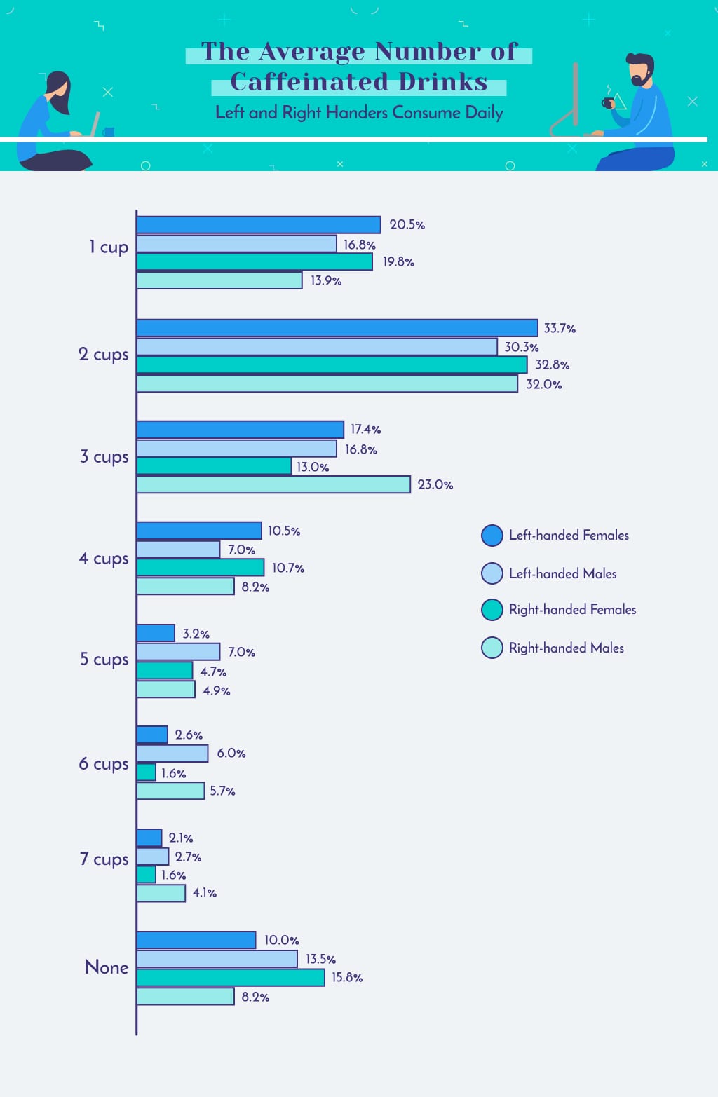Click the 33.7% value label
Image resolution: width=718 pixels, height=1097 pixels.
tap(560, 328)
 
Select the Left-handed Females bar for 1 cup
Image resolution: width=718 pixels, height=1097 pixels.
tap(258, 225)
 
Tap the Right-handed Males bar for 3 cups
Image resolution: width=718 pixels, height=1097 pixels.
tap(273, 484)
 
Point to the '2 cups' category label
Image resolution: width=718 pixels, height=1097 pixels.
tap(104, 355)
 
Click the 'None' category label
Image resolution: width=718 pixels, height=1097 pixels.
tap(107, 967)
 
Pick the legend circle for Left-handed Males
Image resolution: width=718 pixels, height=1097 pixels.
tap(492, 573)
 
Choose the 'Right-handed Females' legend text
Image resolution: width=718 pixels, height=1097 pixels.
tap(572, 610)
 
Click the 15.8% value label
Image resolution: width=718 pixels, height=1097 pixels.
tap(347, 977)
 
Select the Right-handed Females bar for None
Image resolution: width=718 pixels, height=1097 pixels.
tap(230, 978)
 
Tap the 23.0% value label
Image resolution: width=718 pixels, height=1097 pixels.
tap(435, 484)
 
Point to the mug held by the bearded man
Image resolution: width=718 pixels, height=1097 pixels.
tap(607, 103)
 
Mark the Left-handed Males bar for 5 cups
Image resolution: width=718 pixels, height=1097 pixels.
tap(178, 652)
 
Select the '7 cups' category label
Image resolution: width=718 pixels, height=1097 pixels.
tap(104, 859)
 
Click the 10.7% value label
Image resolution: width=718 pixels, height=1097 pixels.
tap(288, 568)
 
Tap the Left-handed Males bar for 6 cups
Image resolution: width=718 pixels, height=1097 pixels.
tap(172, 754)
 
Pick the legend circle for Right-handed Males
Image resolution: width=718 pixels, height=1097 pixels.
tap(492, 648)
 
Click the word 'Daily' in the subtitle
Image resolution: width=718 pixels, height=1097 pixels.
tap(484, 113)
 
